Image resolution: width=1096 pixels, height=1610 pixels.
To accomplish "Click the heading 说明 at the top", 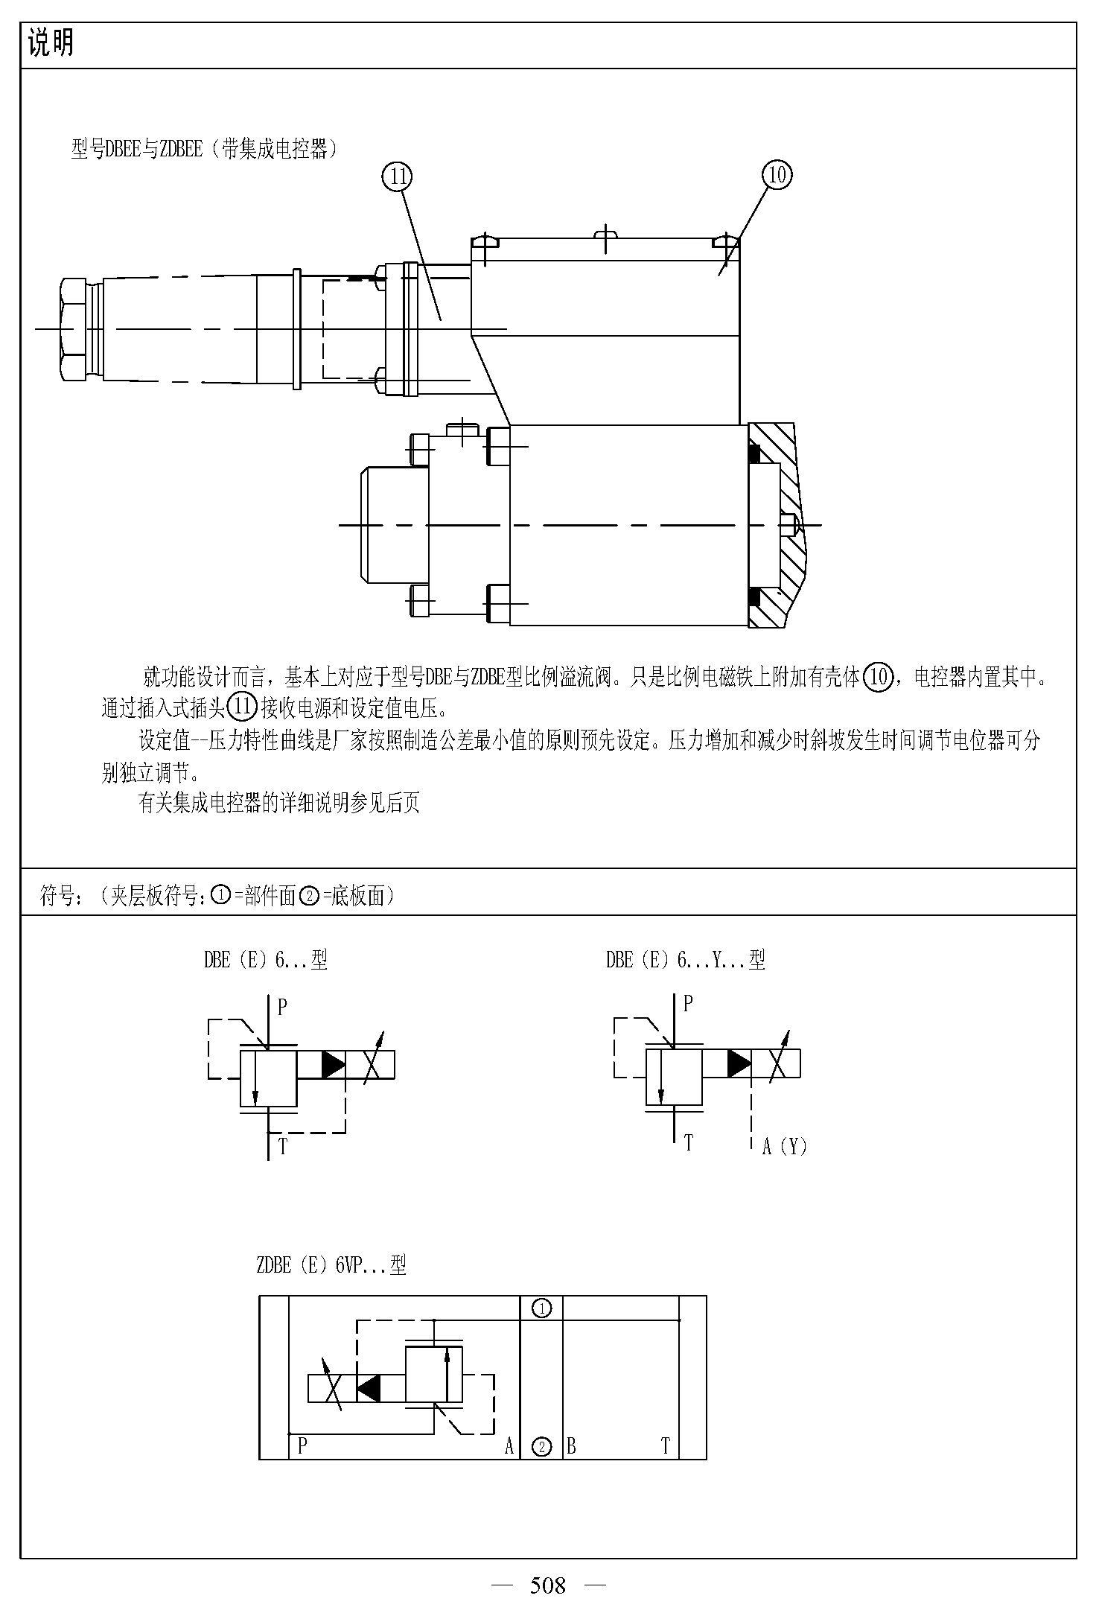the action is click(x=51, y=44).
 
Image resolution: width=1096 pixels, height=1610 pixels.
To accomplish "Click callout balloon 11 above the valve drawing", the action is click(x=397, y=176).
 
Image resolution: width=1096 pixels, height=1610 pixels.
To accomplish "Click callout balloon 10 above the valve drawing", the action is click(x=777, y=175).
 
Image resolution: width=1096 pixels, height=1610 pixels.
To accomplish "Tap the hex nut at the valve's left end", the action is click(x=74, y=329).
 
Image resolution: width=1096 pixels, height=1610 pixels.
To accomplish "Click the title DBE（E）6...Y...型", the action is click(x=686, y=960).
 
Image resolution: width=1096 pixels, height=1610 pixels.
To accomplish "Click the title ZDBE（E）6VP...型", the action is click(x=331, y=1264).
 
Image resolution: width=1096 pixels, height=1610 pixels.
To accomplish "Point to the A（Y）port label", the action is click(x=785, y=1146).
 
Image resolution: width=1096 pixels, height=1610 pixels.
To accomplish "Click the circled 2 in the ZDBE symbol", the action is click(x=542, y=1447).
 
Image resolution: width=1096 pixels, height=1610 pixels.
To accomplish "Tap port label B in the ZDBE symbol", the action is click(x=571, y=1446).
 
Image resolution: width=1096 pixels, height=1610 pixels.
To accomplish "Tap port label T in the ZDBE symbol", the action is click(x=666, y=1446).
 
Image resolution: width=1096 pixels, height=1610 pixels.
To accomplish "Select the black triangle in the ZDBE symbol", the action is click(x=369, y=1388).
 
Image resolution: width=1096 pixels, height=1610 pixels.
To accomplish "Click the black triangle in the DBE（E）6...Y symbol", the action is click(x=739, y=1063).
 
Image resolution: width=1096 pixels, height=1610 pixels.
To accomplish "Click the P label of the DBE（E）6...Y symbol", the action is click(x=688, y=1003).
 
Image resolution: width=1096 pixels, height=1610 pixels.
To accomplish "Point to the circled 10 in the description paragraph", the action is click(x=879, y=677).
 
